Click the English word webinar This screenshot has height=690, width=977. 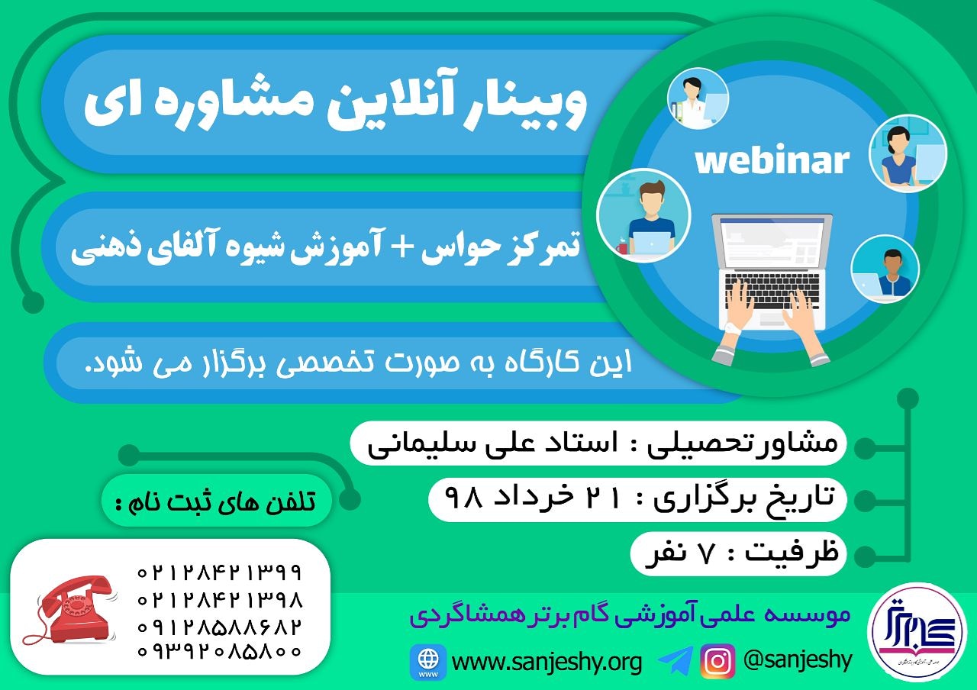click(x=772, y=160)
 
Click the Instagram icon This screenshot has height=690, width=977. click(x=718, y=661)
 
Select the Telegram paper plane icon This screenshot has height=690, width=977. click(x=676, y=660)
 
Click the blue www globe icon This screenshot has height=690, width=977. click(x=428, y=661)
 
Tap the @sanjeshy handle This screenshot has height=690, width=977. click(x=798, y=660)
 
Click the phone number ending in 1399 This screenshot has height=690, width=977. click(x=219, y=572)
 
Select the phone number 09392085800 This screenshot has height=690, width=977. click(x=219, y=651)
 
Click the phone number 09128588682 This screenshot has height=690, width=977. click(x=219, y=627)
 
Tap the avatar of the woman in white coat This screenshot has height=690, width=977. click(x=698, y=98)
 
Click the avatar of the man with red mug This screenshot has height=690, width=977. click(x=643, y=215)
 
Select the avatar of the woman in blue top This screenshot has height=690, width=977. click(x=908, y=153)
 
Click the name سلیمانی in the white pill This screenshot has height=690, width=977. click(x=419, y=443)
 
